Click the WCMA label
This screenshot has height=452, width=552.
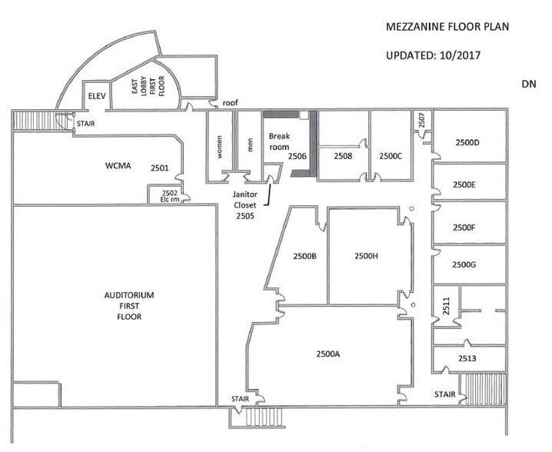[119, 165]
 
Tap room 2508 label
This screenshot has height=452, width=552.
[343, 156]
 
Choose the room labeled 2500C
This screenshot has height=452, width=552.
[391, 156]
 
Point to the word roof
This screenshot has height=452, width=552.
[230, 102]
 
